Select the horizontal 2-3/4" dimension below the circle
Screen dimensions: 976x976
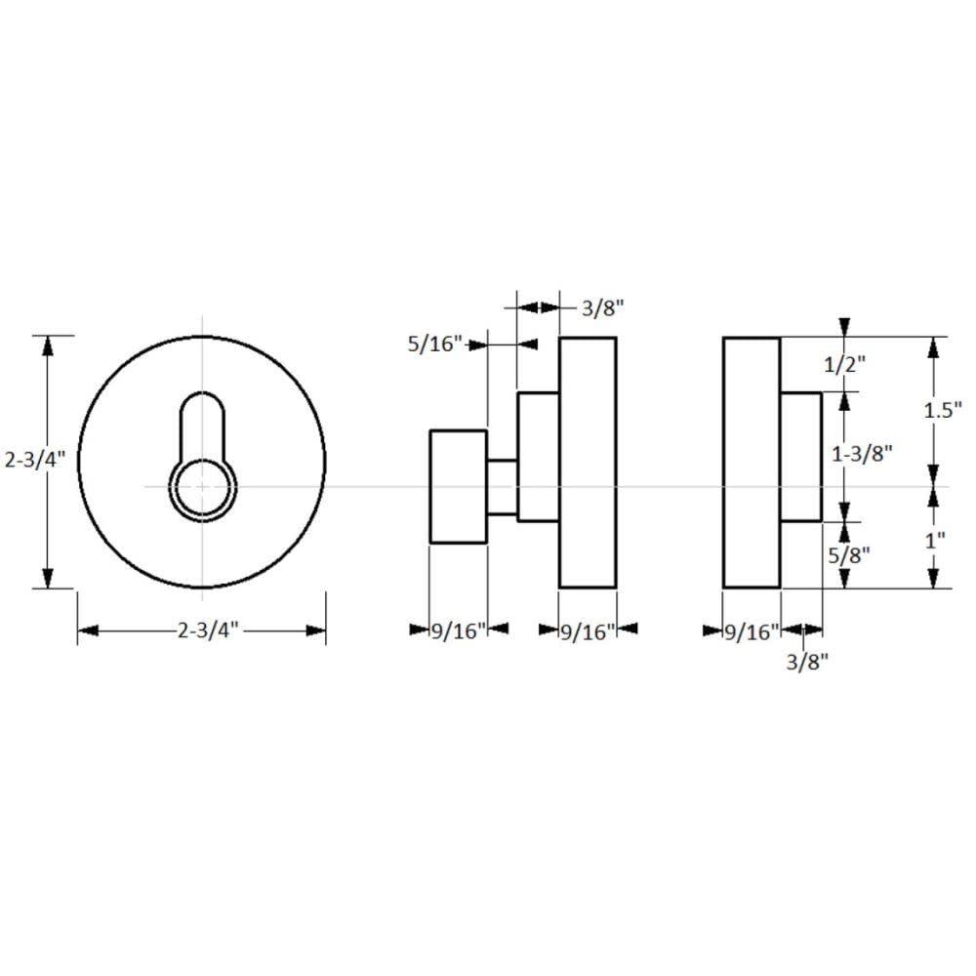pyautogui.click(x=208, y=630)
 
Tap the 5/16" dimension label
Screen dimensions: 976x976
pyautogui.click(x=434, y=344)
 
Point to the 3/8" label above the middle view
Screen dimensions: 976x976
pyautogui.click(x=602, y=308)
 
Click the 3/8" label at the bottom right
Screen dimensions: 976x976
pyautogui.click(x=806, y=662)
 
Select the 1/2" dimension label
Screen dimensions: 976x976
pyautogui.click(x=845, y=364)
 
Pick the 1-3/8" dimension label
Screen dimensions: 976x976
pyautogui.click(x=862, y=454)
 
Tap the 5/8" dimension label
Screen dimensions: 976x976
pyautogui.click(x=845, y=555)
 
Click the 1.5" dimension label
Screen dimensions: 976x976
pyautogui.click(x=943, y=410)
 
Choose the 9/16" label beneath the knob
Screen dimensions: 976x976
pyautogui.click(x=458, y=631)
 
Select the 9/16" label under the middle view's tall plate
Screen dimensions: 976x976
pyautogui.click(x=587, y=631)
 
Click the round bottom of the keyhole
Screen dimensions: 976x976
pyautogui.click(x=202, y=485)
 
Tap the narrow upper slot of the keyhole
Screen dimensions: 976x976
pyautogui.click(x=202, y=422)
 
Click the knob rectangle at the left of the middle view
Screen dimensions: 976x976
pyautogui.click(x=458, y=486)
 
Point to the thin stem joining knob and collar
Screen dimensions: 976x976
pyautogui.click(x=502, y=486)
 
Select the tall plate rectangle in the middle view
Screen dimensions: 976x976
pyautogui.click(x=587, y=462)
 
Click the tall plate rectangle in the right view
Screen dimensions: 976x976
pyautogui.click(x=752, y=462)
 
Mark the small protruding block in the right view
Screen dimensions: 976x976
pyautogui.click(x=801, y=457)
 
